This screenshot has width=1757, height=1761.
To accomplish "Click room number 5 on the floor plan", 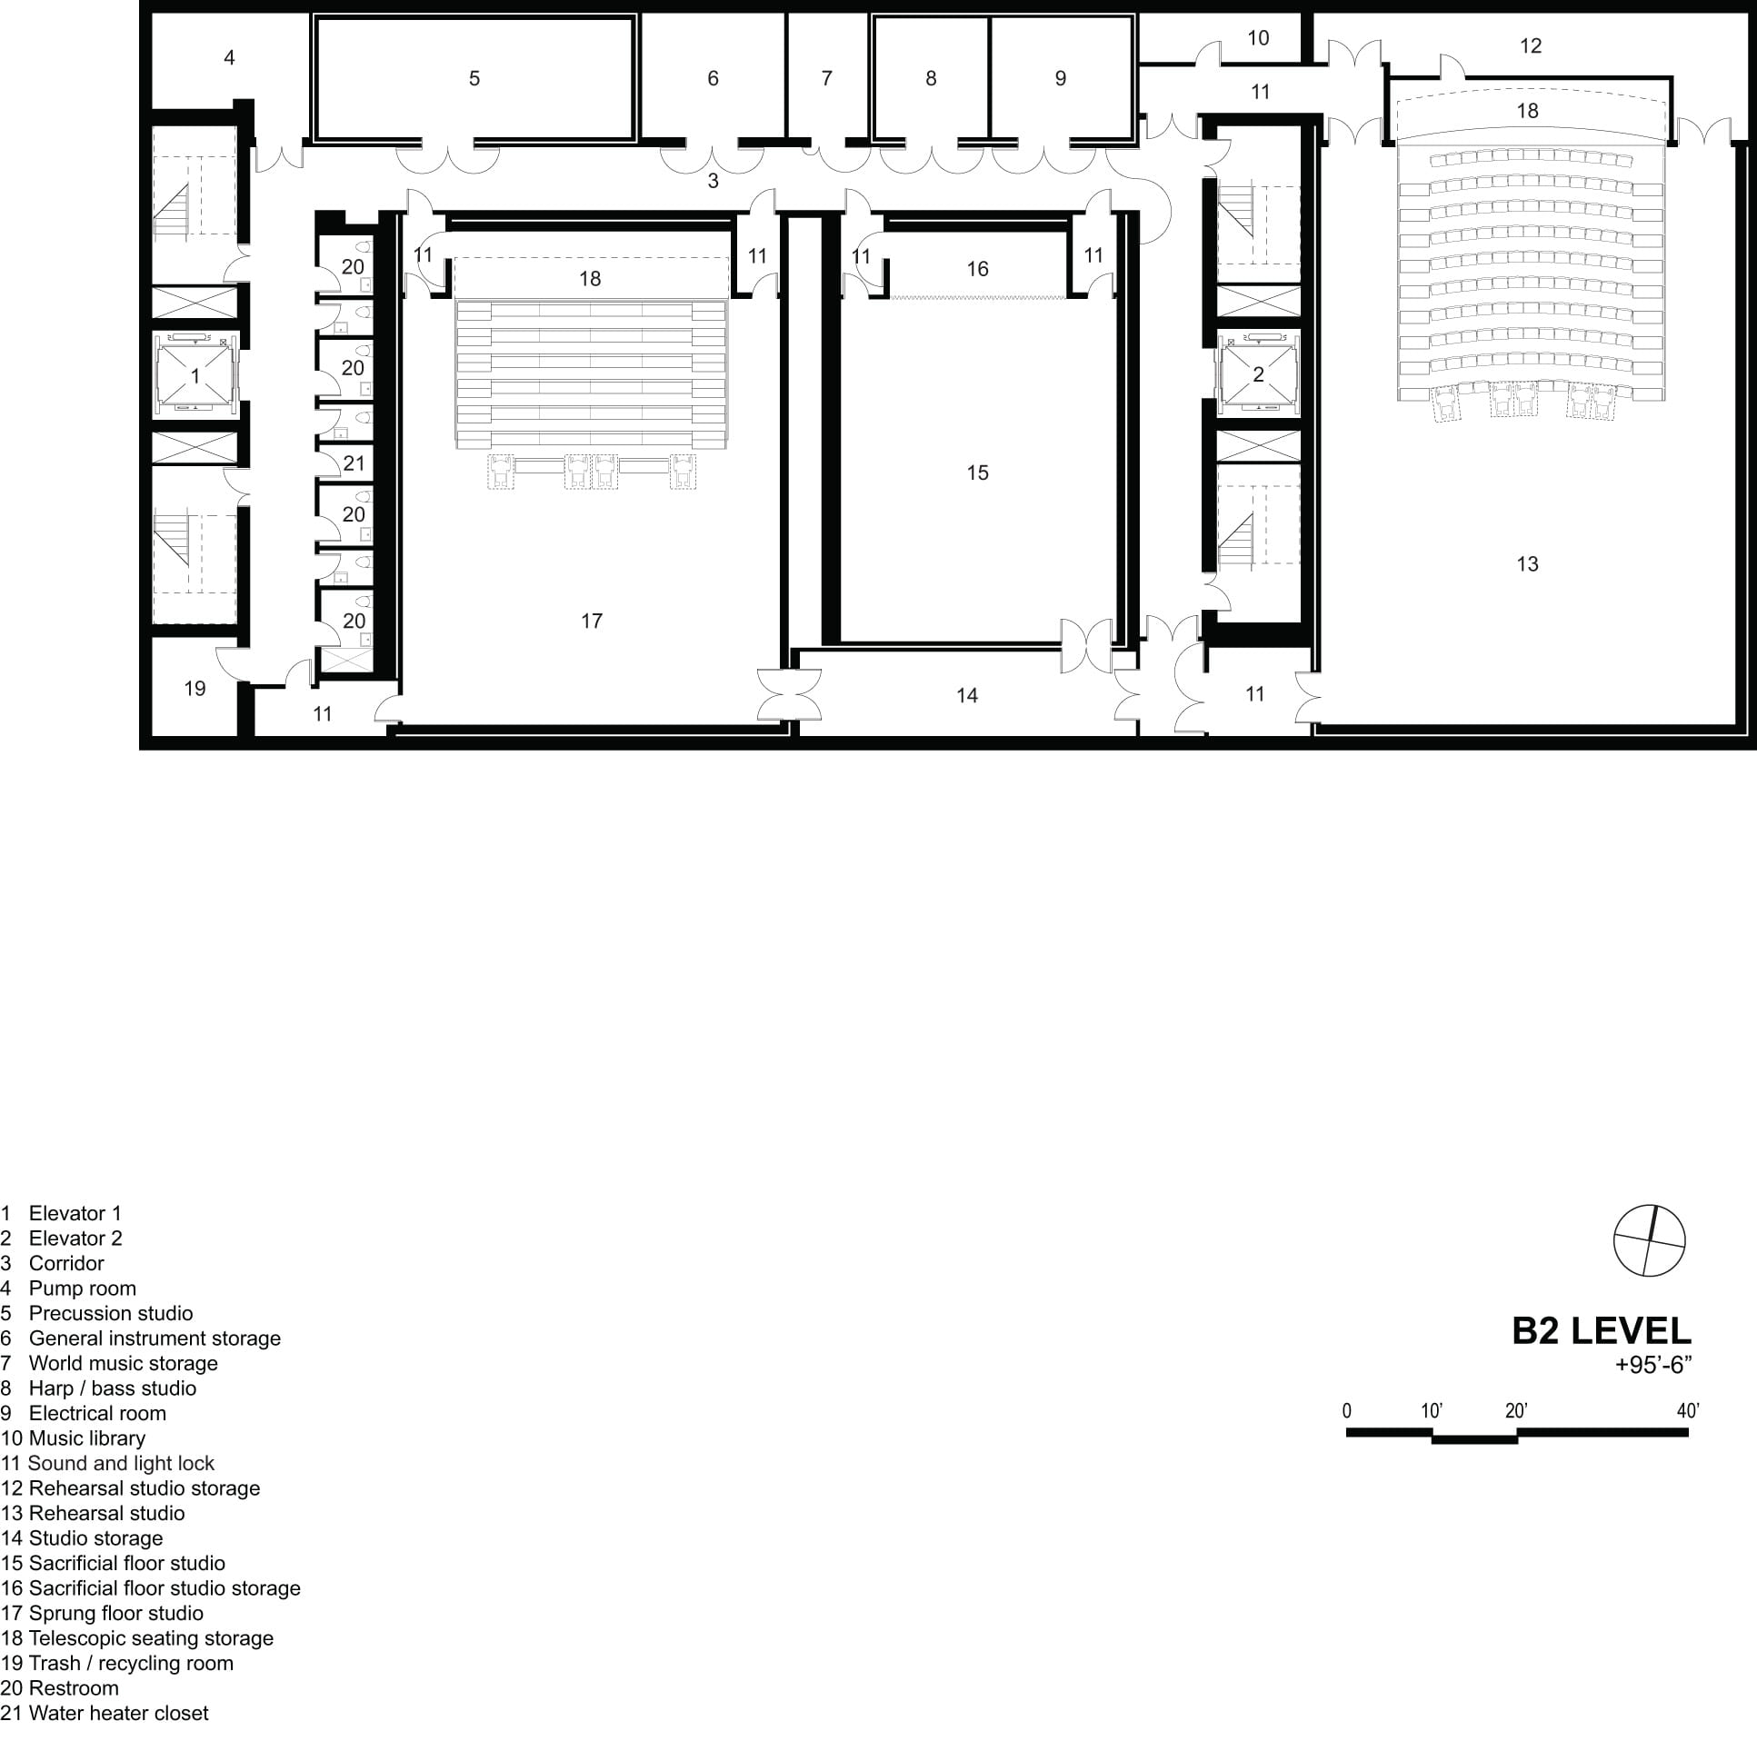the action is coord(474,78).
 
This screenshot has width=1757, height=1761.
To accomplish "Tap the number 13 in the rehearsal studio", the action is coord(1527,564).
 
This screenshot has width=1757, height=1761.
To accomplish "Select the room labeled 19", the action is coord(195,688).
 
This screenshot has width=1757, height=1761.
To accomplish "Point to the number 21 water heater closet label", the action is coord(354,463).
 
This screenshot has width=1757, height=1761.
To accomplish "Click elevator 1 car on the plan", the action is coord(195,374).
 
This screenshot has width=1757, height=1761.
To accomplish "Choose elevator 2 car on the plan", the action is coord(1258,374).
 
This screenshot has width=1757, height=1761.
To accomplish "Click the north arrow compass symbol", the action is coord(1650,1240).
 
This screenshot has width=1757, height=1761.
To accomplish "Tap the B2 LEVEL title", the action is coord(1601,1331).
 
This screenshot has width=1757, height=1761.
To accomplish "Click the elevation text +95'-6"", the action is coord(1653,1365).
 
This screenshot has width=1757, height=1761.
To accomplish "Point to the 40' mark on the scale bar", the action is coord(1688,1411).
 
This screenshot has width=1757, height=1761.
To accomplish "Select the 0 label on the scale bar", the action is coord(1347,1411).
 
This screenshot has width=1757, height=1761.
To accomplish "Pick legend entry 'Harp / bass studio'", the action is coord(98,1388).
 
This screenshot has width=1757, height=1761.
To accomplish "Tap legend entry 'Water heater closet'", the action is coord(105,1714).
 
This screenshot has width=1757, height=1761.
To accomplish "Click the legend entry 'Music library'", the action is coord(73,1438).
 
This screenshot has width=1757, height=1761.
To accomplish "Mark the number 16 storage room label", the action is coord(977,269).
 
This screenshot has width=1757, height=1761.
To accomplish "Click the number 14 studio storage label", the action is coord(966,695).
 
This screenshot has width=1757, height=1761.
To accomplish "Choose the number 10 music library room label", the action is coord(1258,38).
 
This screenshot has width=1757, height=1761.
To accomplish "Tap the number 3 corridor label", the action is coord(713,182).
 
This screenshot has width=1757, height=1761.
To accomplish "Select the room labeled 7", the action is coord(827,78).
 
